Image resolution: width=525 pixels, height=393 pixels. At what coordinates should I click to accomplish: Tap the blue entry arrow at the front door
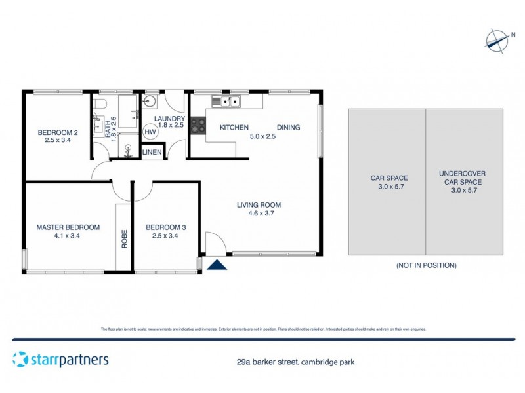click(x=217, y=264)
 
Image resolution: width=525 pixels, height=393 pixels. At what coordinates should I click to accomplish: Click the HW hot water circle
click(x=150, y=132)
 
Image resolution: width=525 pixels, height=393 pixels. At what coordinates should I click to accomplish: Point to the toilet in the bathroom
click(x=100, y=104)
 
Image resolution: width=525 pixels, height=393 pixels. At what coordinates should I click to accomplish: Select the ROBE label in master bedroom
click(x=124, y=237)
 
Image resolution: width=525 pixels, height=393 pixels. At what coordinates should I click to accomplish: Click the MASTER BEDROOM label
click(x=68, y=227)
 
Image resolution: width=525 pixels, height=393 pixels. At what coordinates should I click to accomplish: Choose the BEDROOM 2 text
click(x=58, y=132)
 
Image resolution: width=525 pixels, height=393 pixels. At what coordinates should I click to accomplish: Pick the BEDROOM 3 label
click(x=165, y=227)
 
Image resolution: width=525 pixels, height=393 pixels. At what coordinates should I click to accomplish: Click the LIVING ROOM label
click(x=259, y=205)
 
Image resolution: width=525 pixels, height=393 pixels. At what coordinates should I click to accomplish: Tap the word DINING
click(x=288, y=128)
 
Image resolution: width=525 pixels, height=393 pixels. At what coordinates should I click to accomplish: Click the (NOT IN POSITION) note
click(x=426, y=265)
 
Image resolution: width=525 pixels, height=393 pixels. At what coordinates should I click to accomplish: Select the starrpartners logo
click(x=60, y=360)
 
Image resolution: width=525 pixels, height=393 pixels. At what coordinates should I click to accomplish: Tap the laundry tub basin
click(x=149, y=101)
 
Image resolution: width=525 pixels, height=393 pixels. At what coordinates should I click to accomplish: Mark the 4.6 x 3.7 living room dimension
click(x=259, y=214)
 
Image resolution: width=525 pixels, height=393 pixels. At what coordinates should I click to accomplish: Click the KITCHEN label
click(x=234, y=128)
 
